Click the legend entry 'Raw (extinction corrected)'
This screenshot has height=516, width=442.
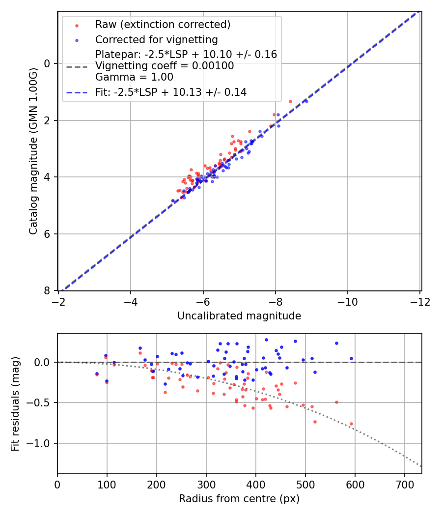[163, 25]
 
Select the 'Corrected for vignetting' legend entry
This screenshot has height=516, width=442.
[156, 39]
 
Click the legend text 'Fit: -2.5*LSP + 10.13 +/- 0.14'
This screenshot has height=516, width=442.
[171, 92]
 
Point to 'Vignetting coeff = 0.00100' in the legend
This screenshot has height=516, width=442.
[165, 66]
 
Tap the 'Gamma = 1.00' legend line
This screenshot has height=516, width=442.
[134, 77]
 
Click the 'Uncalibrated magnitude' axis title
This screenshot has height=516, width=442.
[239, 316]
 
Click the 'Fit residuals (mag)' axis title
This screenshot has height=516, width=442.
[15, 404]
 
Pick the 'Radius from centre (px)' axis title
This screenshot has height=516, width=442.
[239, 499]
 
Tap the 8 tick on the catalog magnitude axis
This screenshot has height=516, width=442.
[48, 290]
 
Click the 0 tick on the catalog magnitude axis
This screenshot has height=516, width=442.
[48, 63]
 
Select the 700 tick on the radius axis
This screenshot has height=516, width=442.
[404, 484]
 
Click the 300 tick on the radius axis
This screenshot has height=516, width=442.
[206, 484]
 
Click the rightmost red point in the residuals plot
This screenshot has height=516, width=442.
[351, 424]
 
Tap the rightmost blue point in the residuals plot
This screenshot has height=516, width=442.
[351, 358]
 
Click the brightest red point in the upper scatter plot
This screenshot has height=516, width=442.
[290, 101]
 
